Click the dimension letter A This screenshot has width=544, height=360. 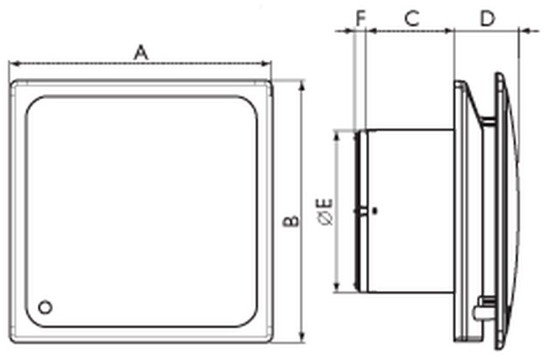[x=141, y=53]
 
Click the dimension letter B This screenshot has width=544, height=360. [x=290, y=222]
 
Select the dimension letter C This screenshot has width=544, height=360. [x=412, y=18]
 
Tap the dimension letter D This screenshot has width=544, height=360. [x=488, y=18]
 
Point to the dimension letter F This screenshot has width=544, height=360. [x=361, y=18]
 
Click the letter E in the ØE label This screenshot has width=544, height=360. [x=326, y=203]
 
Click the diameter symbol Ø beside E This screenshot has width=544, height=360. [x=326, y=218]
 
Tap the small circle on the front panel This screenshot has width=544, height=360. [x=45, y=307]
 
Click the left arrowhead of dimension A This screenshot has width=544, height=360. [x=13, y=64]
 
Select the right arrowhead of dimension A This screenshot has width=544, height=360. [x=266, y=64]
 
